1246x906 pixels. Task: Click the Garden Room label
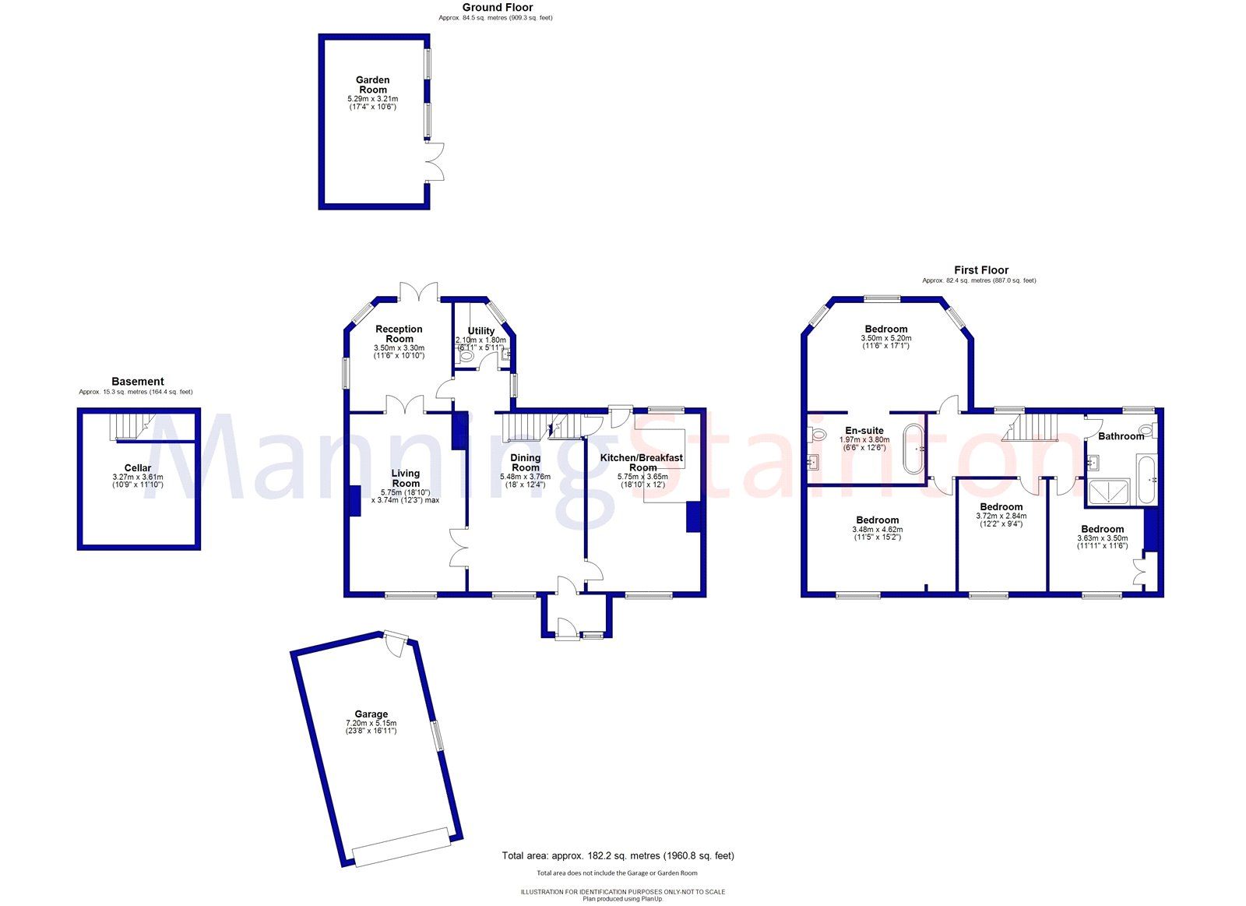(372, 85)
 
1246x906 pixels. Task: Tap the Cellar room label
(138, 468)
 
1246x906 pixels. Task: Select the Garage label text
(371, 714)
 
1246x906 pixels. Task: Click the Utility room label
(480, 331)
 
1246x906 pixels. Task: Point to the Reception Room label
(399, 334)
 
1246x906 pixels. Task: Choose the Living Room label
(405, 478)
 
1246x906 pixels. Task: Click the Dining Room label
(525, 463)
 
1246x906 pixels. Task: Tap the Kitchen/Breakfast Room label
(642, 463)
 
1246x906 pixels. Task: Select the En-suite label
(864, 431)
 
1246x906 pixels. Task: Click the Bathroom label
(1121, 436)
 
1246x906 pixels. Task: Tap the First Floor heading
(980, 270)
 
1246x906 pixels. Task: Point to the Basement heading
(138, 382)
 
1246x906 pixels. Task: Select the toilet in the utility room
(466, 356)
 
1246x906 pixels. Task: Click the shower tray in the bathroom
(1111, 493)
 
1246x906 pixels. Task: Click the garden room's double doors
(435, 162)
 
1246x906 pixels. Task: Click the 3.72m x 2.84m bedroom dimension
(1001, 516)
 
